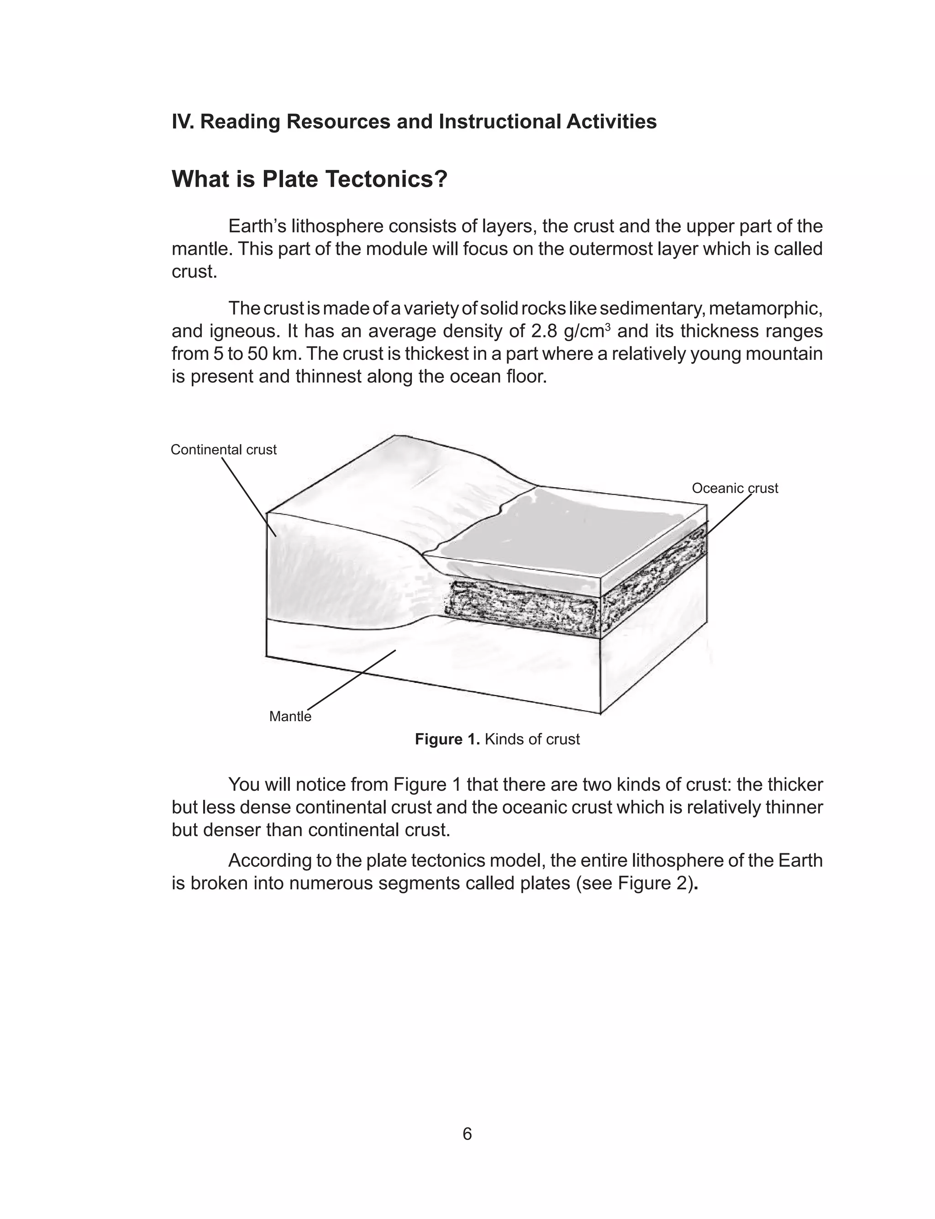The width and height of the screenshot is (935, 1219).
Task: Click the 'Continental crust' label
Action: [223, 450]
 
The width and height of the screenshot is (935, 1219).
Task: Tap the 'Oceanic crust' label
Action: [735, 488]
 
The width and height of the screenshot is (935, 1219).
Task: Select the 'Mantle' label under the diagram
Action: [290, 716]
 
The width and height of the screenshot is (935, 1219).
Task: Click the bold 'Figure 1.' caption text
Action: [447, 739]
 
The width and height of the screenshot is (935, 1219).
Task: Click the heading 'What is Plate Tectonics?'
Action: [310, 179]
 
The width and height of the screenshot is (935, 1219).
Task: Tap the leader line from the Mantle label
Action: [351, 677]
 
